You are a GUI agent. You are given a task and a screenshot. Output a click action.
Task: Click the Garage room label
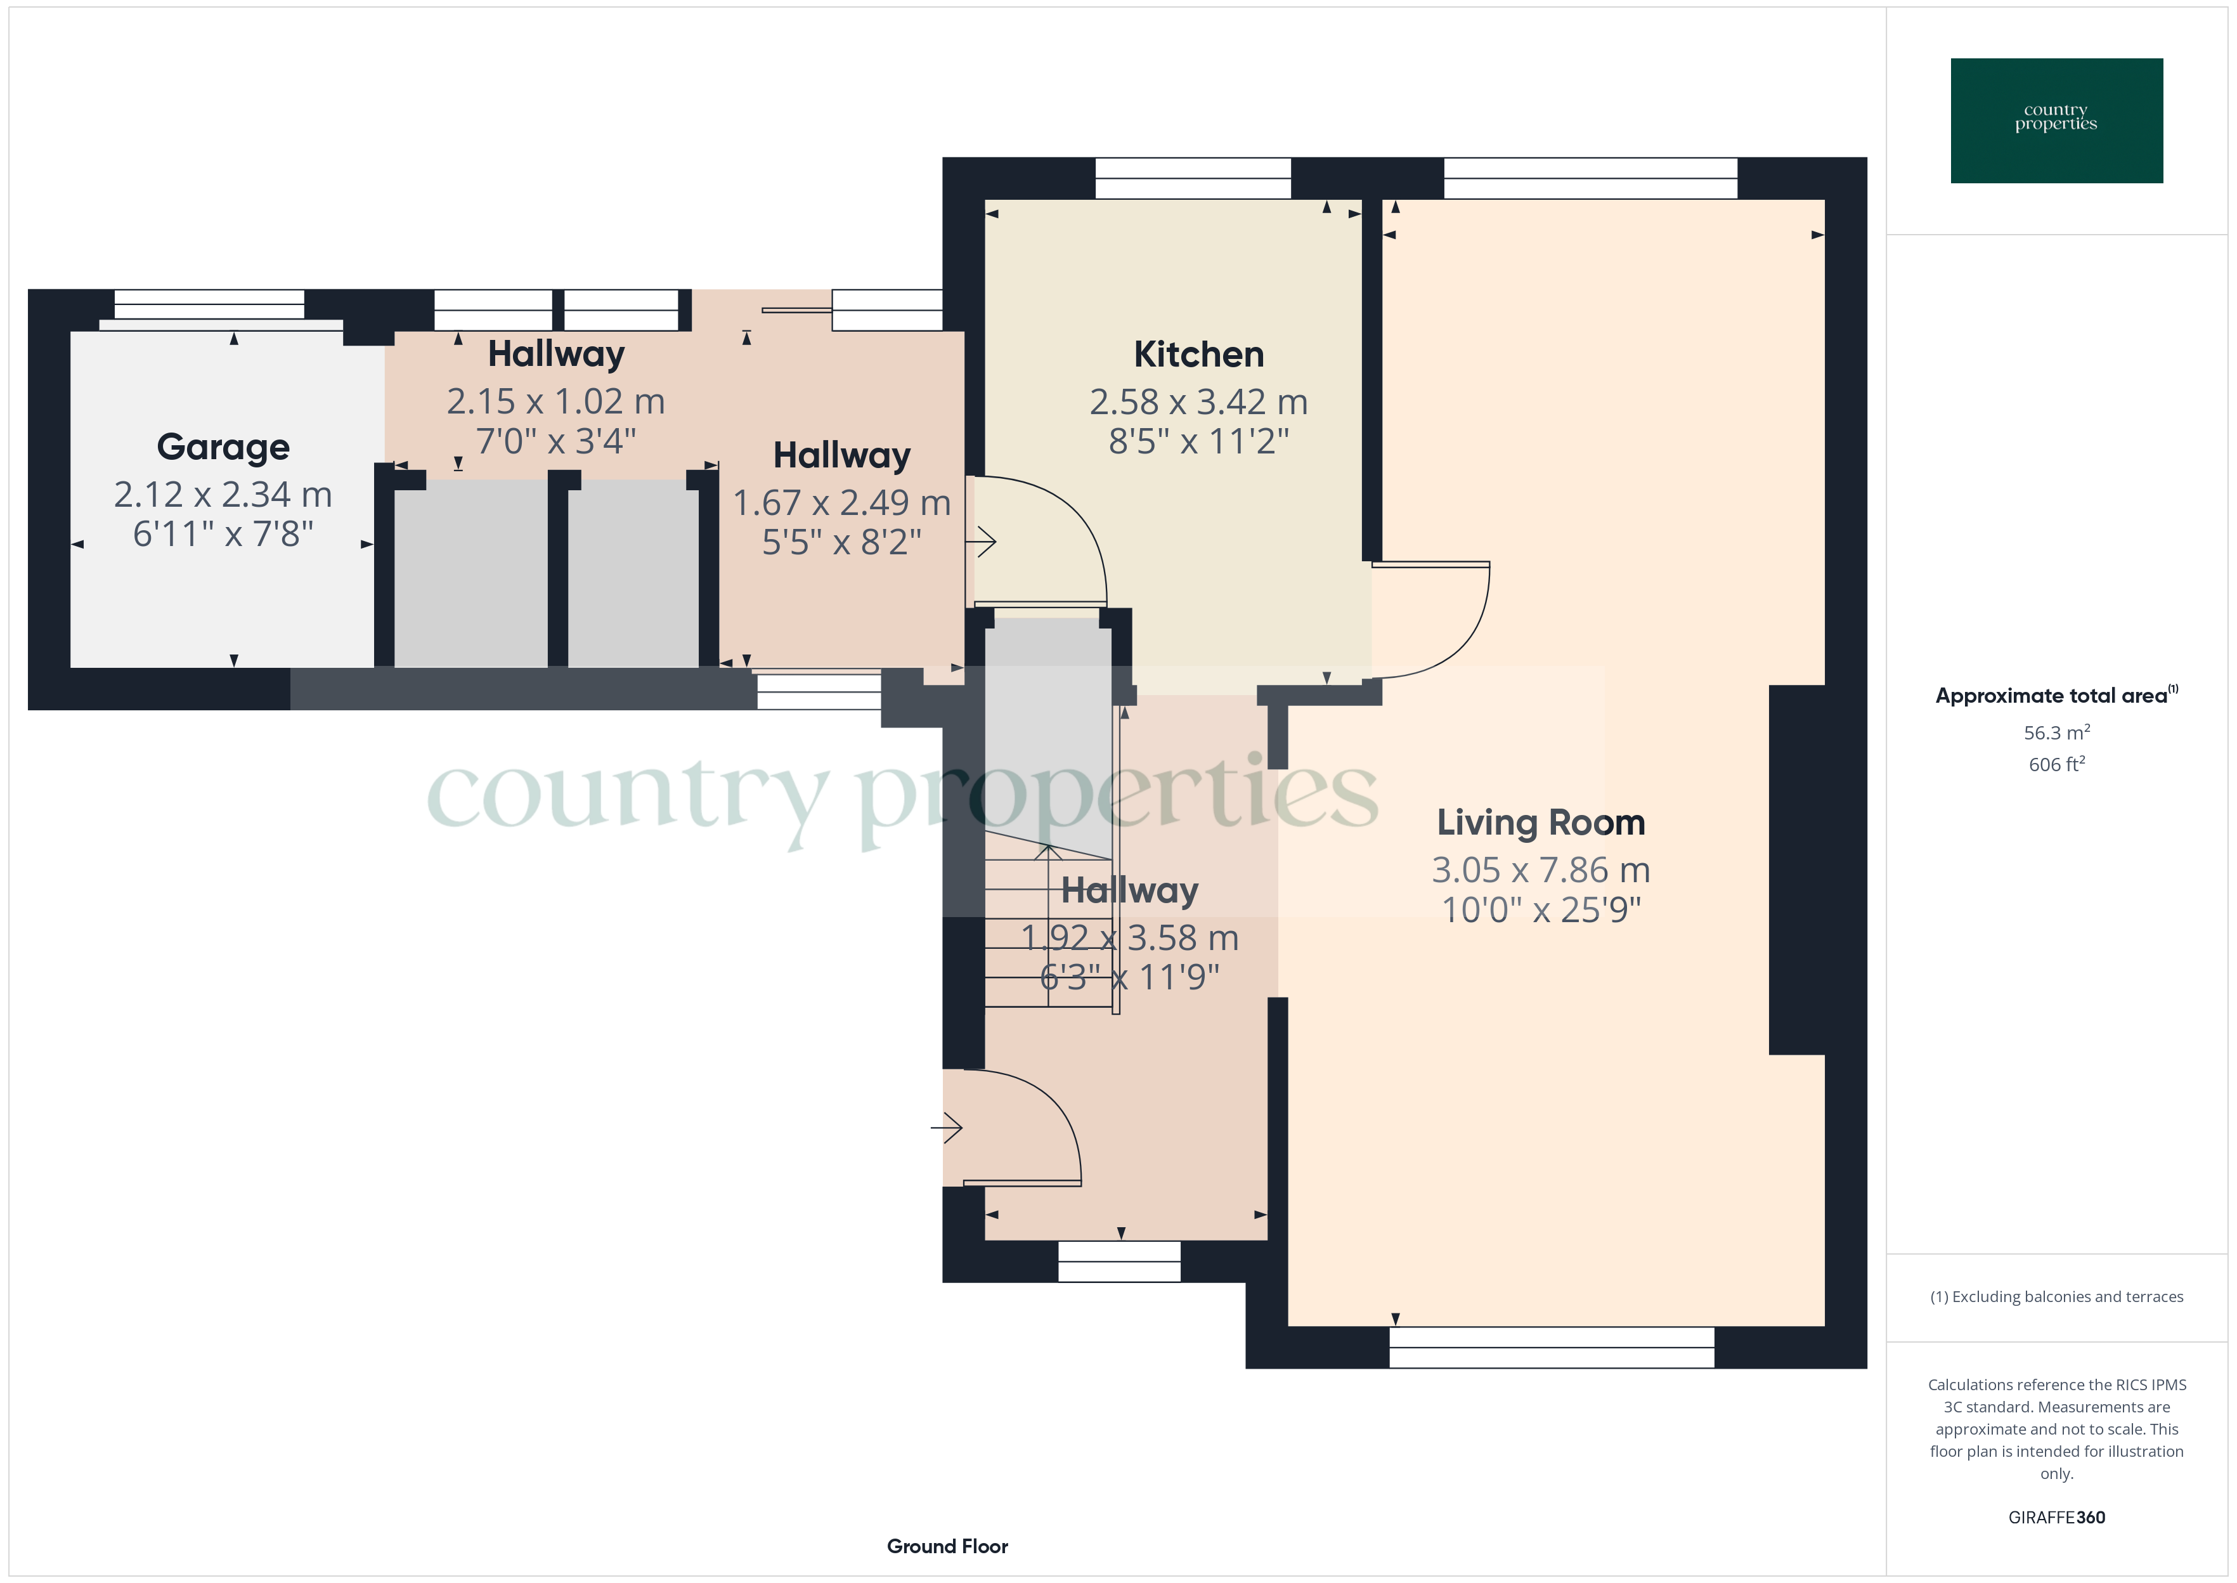click(x=223, y=447)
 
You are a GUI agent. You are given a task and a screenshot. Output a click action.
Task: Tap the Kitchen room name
click(x=1198, y=355)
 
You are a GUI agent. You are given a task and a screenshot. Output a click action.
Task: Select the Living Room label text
click(x=1540, y=823)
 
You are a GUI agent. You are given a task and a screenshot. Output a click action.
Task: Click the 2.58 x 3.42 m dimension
click(x=1198, y=401)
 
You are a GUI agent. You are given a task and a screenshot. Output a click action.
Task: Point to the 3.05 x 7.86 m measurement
click(x=1540, y=870)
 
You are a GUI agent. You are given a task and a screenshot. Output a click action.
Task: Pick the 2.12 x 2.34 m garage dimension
click(x=223, y=494)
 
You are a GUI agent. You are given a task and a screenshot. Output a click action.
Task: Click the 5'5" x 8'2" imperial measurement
click(x=842, y=542)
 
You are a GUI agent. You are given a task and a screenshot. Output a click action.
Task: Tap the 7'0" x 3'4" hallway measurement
click(x=555, y=441)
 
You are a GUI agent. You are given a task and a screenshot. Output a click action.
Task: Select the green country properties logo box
click(x=2057, y=121)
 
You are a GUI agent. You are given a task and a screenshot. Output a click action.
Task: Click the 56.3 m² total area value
click(x=2057, y=732)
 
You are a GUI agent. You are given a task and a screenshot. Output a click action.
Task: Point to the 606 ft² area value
click(x=2057, y=764)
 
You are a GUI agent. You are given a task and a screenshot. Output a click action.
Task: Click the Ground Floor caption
click(x=947, y=1546)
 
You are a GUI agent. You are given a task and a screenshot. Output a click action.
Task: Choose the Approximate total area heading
click(x=2057, y=695)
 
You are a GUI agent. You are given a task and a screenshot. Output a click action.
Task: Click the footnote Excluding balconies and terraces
click(x=2057, y=1296)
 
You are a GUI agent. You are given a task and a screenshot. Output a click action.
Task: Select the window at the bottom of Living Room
click(x=1551, y=1347)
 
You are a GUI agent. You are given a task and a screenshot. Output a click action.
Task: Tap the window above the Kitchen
click(x=1193, y=178)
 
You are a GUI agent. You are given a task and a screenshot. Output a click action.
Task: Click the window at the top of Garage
click(x=209, y=304)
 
